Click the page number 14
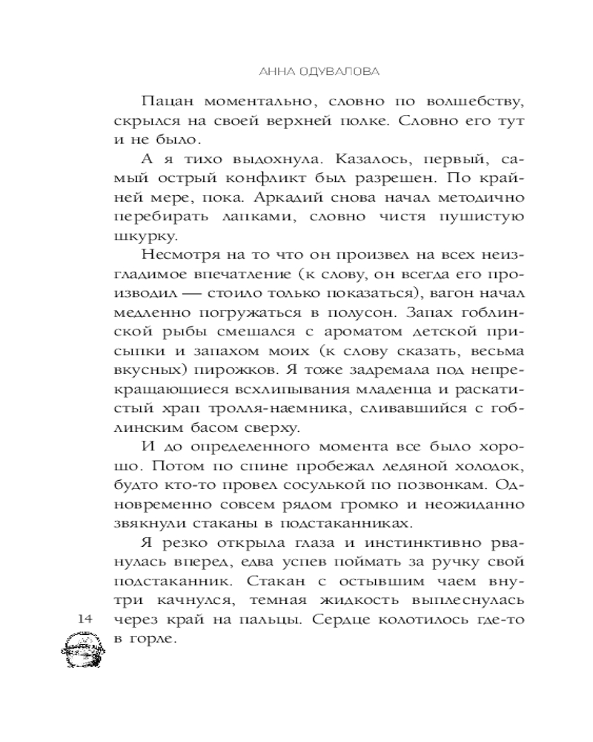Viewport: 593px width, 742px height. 82,618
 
